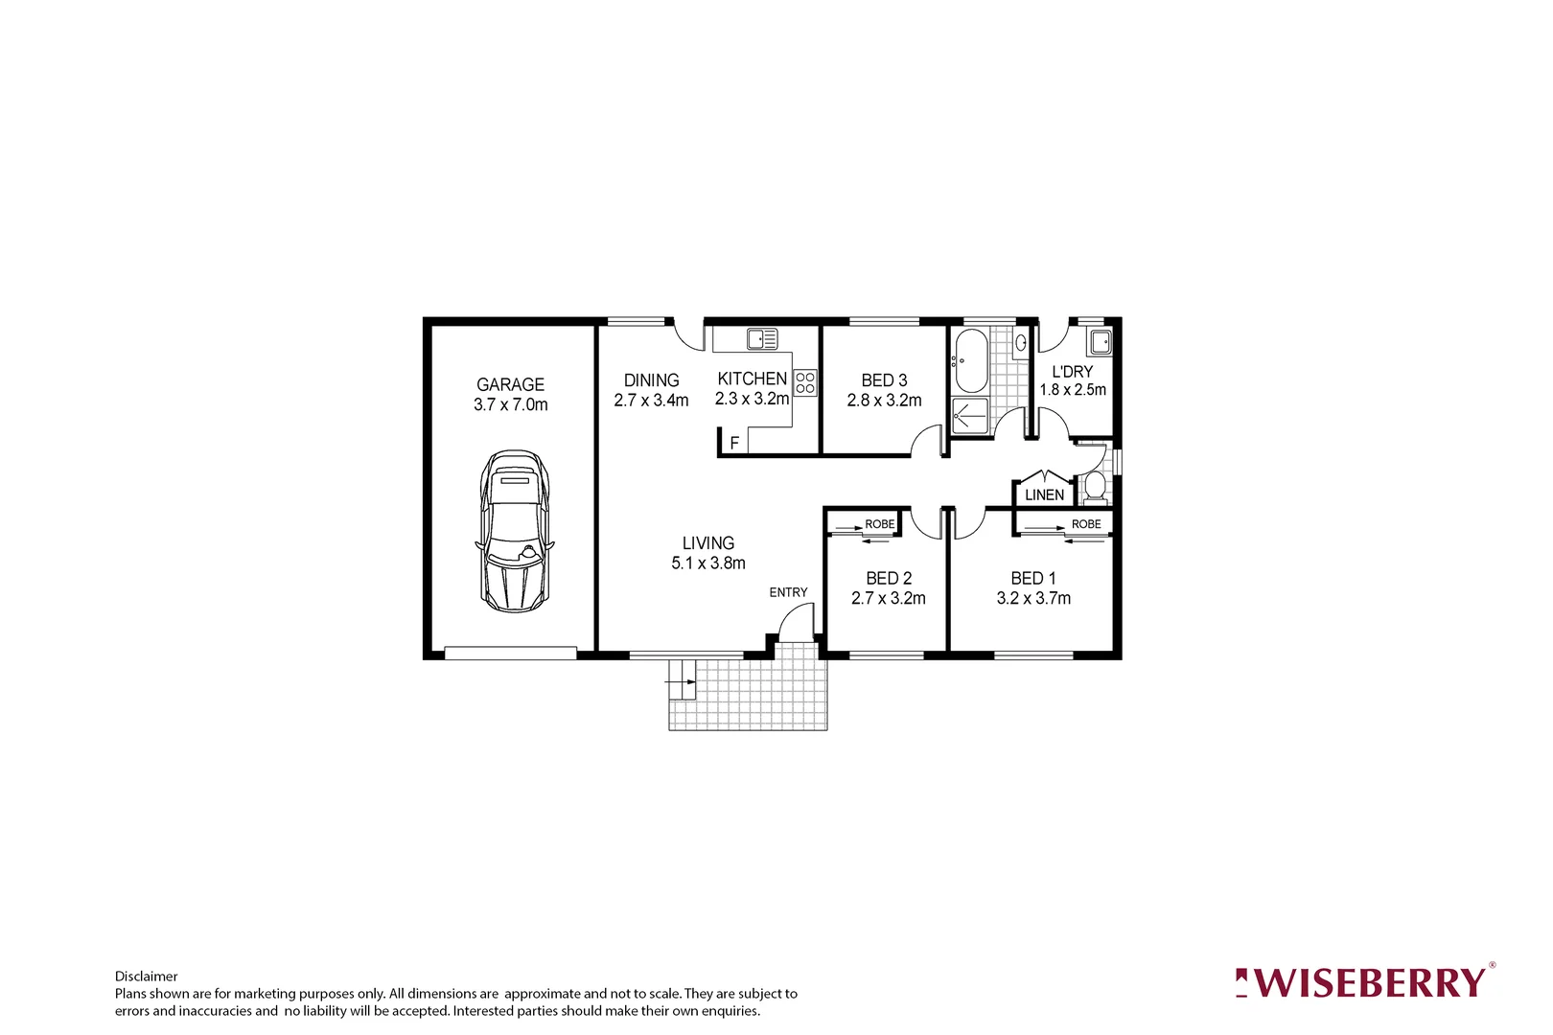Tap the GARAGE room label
point(510,384)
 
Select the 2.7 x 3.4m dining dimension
point(651,401)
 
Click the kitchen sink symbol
point(762,338)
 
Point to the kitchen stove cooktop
point(805,383)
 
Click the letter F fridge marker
point(734,444)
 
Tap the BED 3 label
point(884,380)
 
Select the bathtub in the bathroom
point(970,361)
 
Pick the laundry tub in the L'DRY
point(1100,342)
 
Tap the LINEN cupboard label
point(1044,495)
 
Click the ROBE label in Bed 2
point(879,524)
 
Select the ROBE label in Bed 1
point(1086,524)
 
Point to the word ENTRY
point(788,592)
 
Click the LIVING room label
point(708,543)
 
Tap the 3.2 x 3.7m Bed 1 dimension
point(1033,598)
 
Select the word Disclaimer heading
point(146,977)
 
